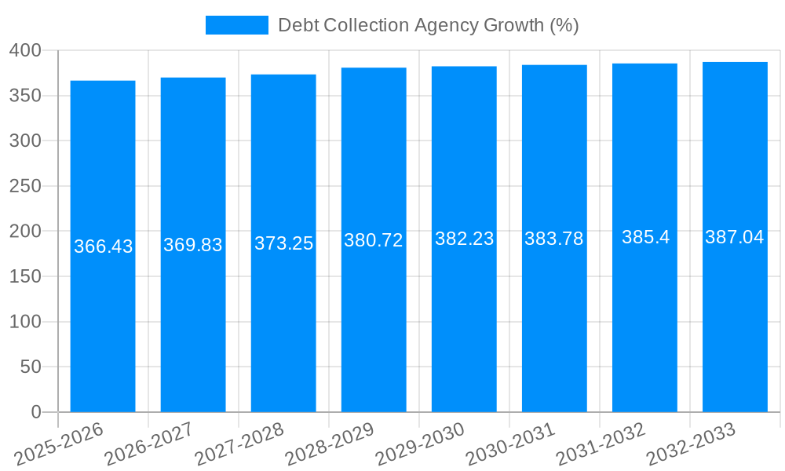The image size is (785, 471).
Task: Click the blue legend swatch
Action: tap(236, 25)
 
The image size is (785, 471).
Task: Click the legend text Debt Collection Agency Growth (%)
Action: tap(428, 25)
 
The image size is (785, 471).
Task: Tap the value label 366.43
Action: tap(103, 246)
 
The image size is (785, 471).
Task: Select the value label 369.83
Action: tap(193, 245)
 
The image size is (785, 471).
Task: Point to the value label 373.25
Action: tap(283, 243)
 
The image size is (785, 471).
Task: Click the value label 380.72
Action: tap(374, 240)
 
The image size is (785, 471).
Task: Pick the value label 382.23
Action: tap(464, 239)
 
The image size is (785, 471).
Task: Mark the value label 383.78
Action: tap(554, 239)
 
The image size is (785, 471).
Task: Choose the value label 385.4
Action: tap(645, 237)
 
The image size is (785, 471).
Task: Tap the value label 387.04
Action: tap(735, 237)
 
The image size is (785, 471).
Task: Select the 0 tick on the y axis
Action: tap(35, 412)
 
